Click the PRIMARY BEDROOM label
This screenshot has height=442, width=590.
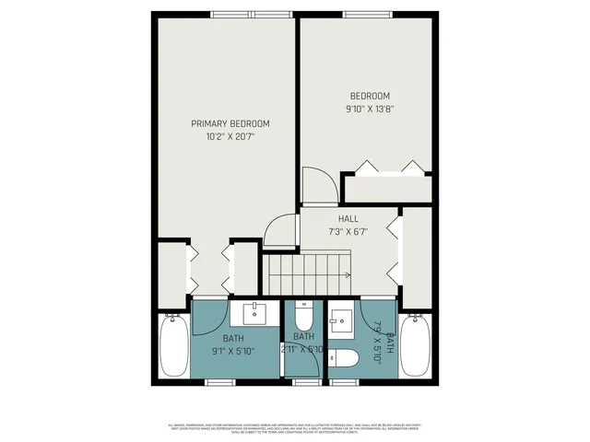[x=230, y=123]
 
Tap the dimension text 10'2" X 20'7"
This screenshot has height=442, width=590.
[x=230, y=136]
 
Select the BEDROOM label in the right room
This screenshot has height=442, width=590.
[x=369, y=96]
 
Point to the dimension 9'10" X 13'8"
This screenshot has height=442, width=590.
[x=369, y=109]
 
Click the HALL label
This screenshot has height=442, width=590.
[x=348, y=218]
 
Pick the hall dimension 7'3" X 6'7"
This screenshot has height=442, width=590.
[x=348, y=231]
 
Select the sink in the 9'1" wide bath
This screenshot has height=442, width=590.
[x=254, y=314]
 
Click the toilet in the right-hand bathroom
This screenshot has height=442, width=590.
[x=347, y=357]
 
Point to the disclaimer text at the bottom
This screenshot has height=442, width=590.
[x=294, y=428]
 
